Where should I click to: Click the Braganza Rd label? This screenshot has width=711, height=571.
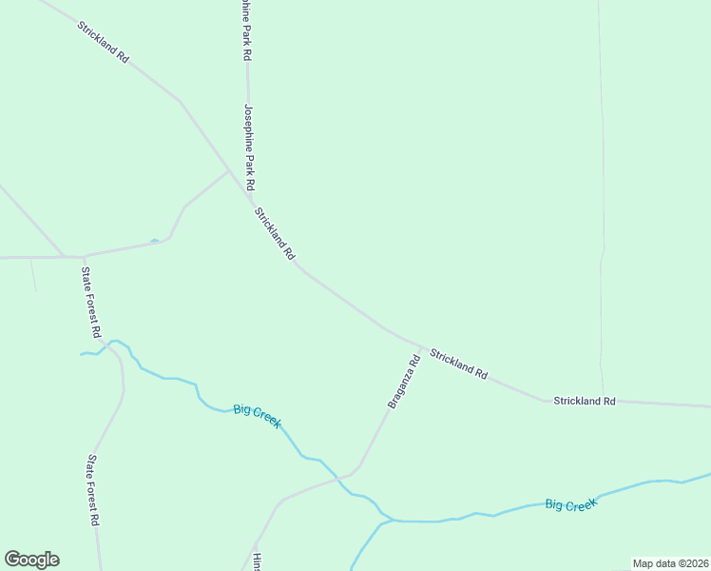[403, 382]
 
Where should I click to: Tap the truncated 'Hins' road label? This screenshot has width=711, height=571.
[257, 561]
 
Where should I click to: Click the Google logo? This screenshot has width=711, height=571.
[31, 560]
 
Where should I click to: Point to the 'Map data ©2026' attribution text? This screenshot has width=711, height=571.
[670, 563]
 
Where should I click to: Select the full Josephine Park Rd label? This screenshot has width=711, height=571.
[251, 147]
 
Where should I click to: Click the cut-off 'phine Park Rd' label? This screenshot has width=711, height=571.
[244, 30]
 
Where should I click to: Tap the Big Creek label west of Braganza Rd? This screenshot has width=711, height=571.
[257, 416]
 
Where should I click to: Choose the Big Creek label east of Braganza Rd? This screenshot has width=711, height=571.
[570, 504]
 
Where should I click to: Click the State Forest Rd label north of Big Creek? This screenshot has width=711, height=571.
[90, 303]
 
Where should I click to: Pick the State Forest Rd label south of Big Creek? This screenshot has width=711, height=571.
[93, 490]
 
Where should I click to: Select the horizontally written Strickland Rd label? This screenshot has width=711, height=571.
[585, 402]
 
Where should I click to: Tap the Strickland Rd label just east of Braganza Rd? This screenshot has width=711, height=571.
[458, 364]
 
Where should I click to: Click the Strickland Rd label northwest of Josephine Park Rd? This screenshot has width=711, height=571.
[103, 42]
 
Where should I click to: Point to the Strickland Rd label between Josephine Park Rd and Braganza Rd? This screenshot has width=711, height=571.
[276, 234]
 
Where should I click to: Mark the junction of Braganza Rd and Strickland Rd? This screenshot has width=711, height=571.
[422, 346]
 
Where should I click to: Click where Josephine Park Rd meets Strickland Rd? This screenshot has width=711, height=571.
[251, 197]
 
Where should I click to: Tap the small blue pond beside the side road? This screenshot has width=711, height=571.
[155, 241]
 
